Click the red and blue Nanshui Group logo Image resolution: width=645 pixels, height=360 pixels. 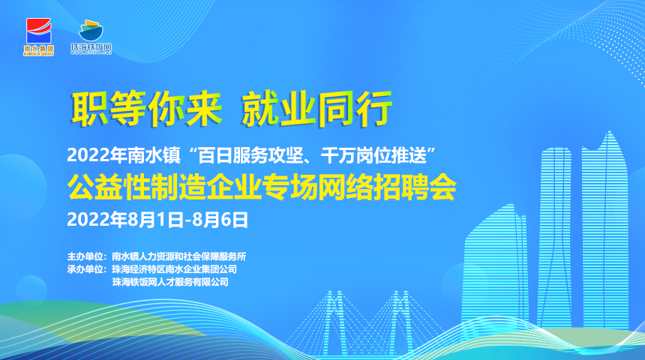(x=39, y=37)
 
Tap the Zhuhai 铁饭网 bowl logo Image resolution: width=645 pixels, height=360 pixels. (x=91, y=37)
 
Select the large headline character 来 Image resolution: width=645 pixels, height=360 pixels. (x=204, y=108)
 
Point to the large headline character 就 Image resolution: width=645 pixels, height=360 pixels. (x=260, y=109)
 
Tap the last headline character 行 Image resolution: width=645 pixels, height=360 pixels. (x=373, y=109)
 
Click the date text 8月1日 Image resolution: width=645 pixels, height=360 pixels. (x=156, y=220)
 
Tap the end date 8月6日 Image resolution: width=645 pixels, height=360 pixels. (x=220, y=220)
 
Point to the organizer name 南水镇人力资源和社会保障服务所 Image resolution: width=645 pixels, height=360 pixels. (x=179, y=256)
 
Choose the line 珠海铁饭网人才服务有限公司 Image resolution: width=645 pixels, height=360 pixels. (x=170, y=282)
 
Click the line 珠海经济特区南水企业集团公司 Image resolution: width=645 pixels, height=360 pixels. (x=175, y=269)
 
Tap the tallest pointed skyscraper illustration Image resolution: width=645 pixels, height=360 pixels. (x=604, y=230)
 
